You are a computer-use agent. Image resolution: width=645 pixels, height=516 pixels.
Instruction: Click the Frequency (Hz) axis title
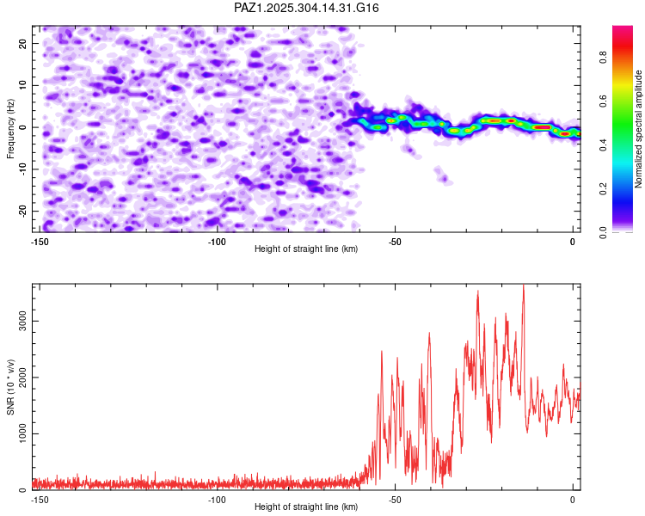point(10,127)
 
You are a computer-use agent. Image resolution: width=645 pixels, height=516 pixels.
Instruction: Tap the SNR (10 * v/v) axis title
point(10,387)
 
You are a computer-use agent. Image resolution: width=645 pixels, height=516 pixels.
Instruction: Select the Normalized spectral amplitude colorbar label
point(639,129)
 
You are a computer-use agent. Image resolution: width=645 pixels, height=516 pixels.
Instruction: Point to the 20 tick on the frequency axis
point(23,43)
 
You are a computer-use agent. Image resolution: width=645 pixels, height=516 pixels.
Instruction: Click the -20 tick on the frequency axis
point(21,211)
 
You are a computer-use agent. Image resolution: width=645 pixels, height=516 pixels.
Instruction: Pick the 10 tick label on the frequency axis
point(23,85)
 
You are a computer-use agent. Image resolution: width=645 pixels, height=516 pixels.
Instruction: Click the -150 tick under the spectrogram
point(39,242)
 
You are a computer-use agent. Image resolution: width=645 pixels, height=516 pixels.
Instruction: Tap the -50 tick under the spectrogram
point(395,242)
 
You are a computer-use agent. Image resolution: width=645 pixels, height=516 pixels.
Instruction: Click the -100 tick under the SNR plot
point(217,500)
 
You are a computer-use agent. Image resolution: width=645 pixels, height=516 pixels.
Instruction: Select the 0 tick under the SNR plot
point(573,500)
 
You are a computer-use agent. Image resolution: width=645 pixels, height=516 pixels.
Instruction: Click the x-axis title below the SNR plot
point(306,507)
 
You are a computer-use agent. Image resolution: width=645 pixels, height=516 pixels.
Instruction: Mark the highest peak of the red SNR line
point(523,286)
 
